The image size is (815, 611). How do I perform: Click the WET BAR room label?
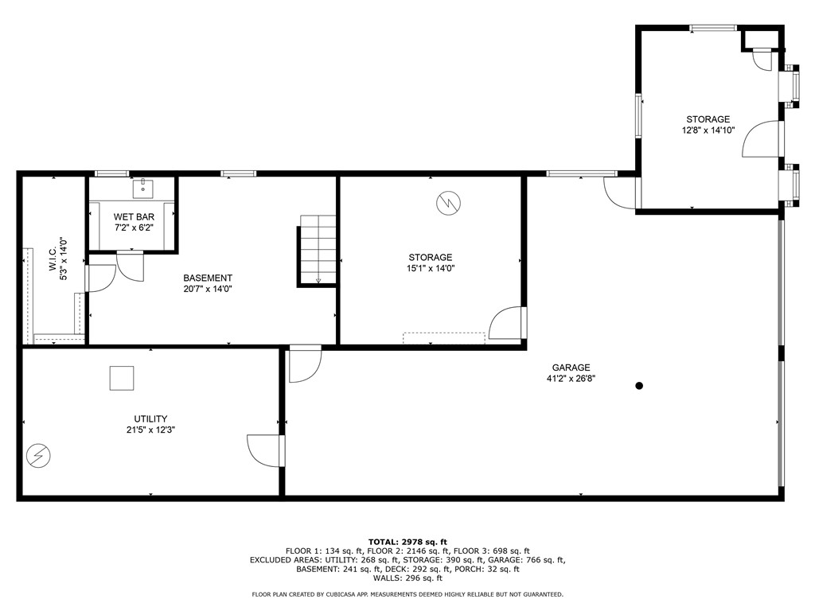(134, 216)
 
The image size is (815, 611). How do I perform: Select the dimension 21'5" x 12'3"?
(150, 430)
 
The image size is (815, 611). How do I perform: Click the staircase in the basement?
(318, 249)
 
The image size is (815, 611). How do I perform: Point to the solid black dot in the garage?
(639, 386)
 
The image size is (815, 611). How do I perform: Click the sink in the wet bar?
(144, 188)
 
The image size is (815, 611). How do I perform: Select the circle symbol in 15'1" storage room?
(448, 203)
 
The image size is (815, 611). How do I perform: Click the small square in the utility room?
(122, 378)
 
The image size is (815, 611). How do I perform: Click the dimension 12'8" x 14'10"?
(708, 130)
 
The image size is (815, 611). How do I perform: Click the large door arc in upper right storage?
(761, 140)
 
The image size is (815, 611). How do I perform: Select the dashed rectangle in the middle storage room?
(443, 338)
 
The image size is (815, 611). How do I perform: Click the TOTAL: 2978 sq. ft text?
(407, 541)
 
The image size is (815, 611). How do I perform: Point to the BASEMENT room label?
(208, 278)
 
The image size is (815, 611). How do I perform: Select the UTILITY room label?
(150, 418)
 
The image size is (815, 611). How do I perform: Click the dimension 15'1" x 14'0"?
(431, 268)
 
